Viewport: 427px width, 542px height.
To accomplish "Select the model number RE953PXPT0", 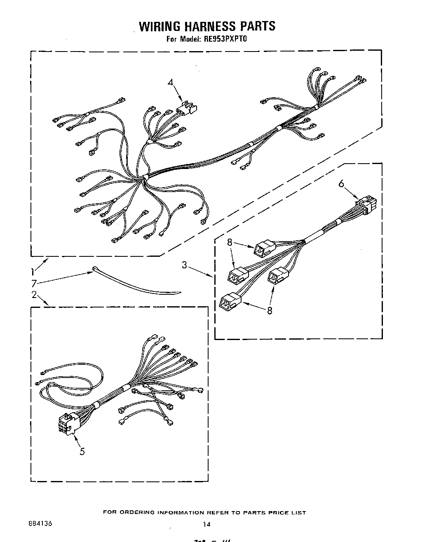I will tap(225, 40).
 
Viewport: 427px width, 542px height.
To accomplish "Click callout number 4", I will tap(171, 82).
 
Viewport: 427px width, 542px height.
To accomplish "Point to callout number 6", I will tap(341, 184).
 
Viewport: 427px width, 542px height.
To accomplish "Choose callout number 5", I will tap(82, 452).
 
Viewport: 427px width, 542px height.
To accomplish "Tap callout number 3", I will tap(185, 265).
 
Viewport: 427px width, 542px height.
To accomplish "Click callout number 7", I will tap(33, 283).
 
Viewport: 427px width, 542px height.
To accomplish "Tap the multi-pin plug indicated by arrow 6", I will tap(365, 205).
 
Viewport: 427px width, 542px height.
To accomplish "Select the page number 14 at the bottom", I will tap(206, 524).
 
